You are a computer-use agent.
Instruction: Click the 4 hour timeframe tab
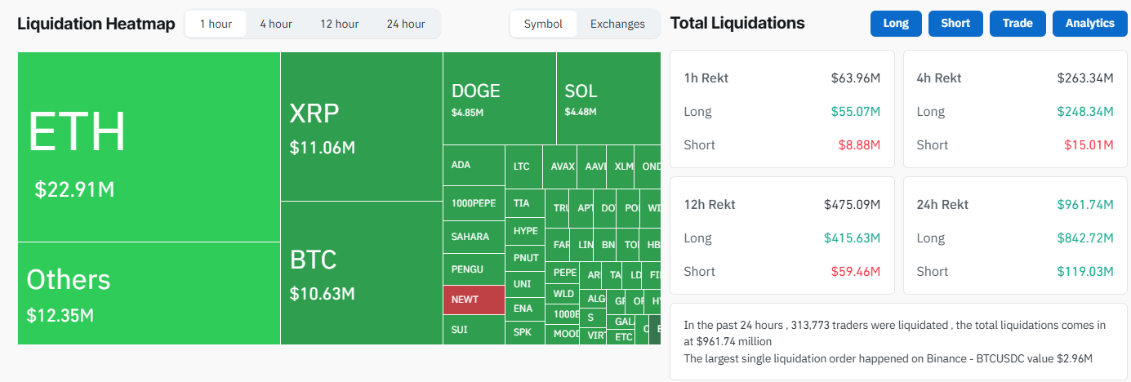(x=276, y=24)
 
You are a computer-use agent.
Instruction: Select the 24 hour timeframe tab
(x=406, y=24)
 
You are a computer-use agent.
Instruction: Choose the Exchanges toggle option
(x=617, y=24)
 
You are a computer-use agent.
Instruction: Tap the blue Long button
(x=896, y=24)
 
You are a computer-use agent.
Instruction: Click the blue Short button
(x=955, y=24)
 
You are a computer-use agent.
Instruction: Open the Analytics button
(x=1089, y=24)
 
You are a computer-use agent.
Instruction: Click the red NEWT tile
(x=474, y=300)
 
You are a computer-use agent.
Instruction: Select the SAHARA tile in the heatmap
(x=474, y=237)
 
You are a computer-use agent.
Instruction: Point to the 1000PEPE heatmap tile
(x=474, y=203)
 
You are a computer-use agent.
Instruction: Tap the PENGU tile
(x=474, y=269)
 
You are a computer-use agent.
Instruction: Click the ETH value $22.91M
(x=74, y=190)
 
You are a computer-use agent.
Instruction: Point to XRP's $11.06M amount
(x=322, y=149)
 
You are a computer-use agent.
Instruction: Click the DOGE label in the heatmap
(x=475, y=91)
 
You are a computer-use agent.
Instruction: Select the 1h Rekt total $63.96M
(x=855, y=78)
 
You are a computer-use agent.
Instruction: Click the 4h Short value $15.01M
(x=1089, y=145)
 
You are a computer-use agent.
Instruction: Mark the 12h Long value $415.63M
(x=852, y=238)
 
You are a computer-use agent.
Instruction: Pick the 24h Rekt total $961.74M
(x=1085, y=205)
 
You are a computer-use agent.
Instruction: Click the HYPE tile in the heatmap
(x=525, y=231)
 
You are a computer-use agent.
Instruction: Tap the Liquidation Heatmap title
(x=96, y=24)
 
